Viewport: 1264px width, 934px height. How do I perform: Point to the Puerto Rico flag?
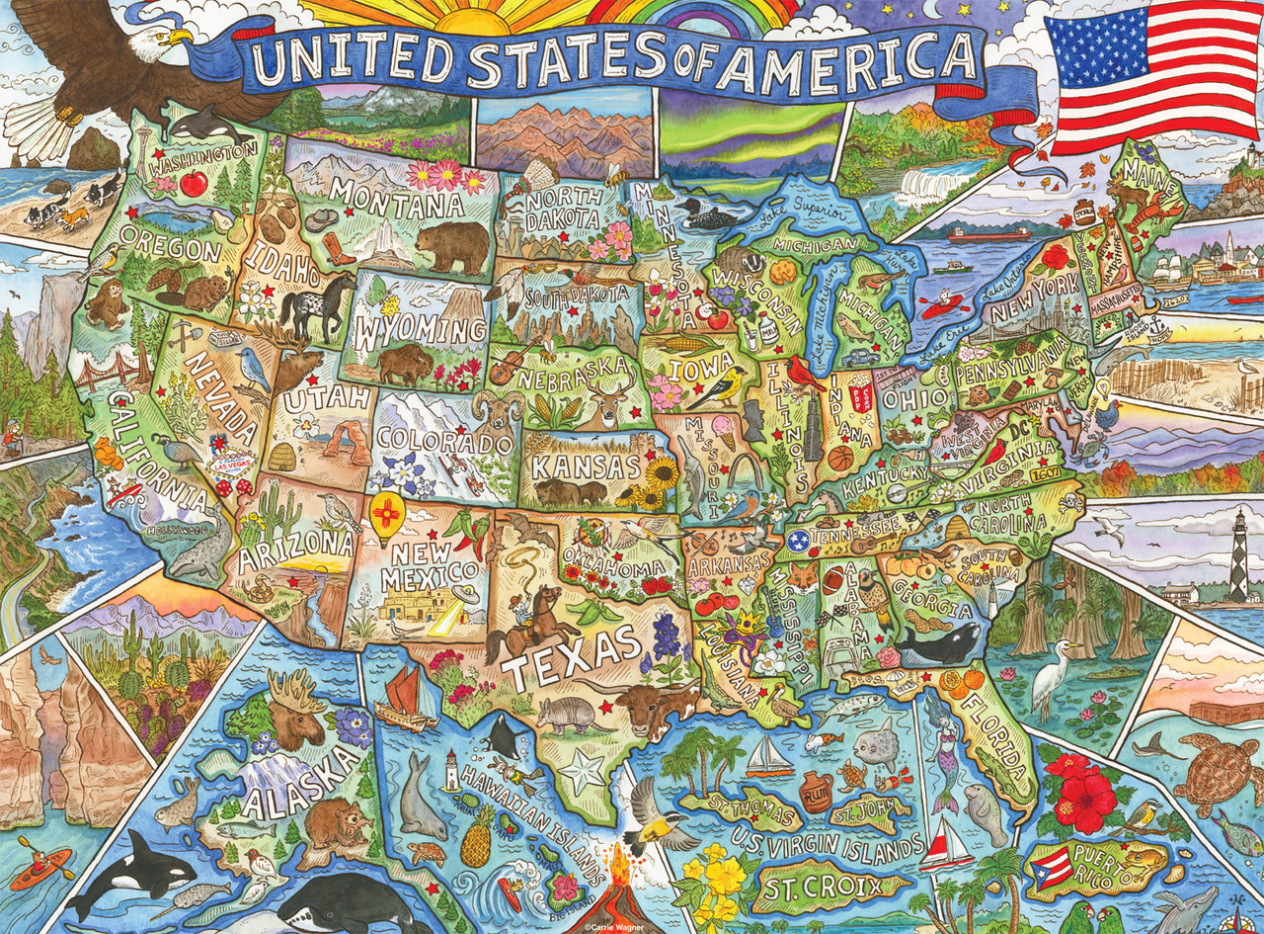pos(1052,867)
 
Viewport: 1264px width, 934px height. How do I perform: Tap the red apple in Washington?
pos(194,183)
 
